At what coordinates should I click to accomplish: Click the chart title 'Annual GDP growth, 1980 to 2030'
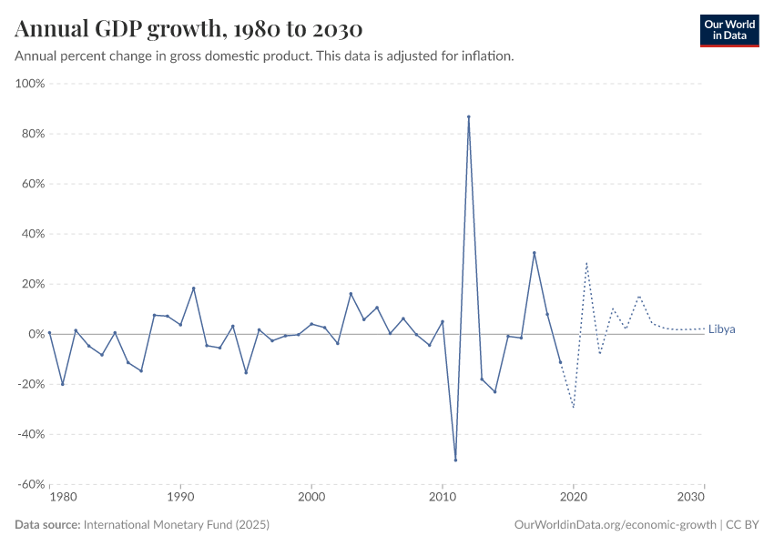[x=188, y=29]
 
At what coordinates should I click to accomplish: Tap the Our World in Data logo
[x=728, y=30]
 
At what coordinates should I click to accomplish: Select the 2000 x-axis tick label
[x=311, y=498]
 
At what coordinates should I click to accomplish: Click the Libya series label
[x=721, y=329]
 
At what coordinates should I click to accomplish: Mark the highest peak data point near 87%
[x=469, y=116]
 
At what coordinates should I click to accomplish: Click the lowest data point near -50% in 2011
[x=455, y=460]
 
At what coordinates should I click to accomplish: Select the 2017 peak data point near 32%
[x=535, y=253]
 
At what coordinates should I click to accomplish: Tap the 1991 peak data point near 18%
[x=194, y=288]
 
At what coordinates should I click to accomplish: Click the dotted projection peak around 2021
[x=586, y=263]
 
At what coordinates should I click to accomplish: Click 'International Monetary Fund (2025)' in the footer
[x=176, y=525]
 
